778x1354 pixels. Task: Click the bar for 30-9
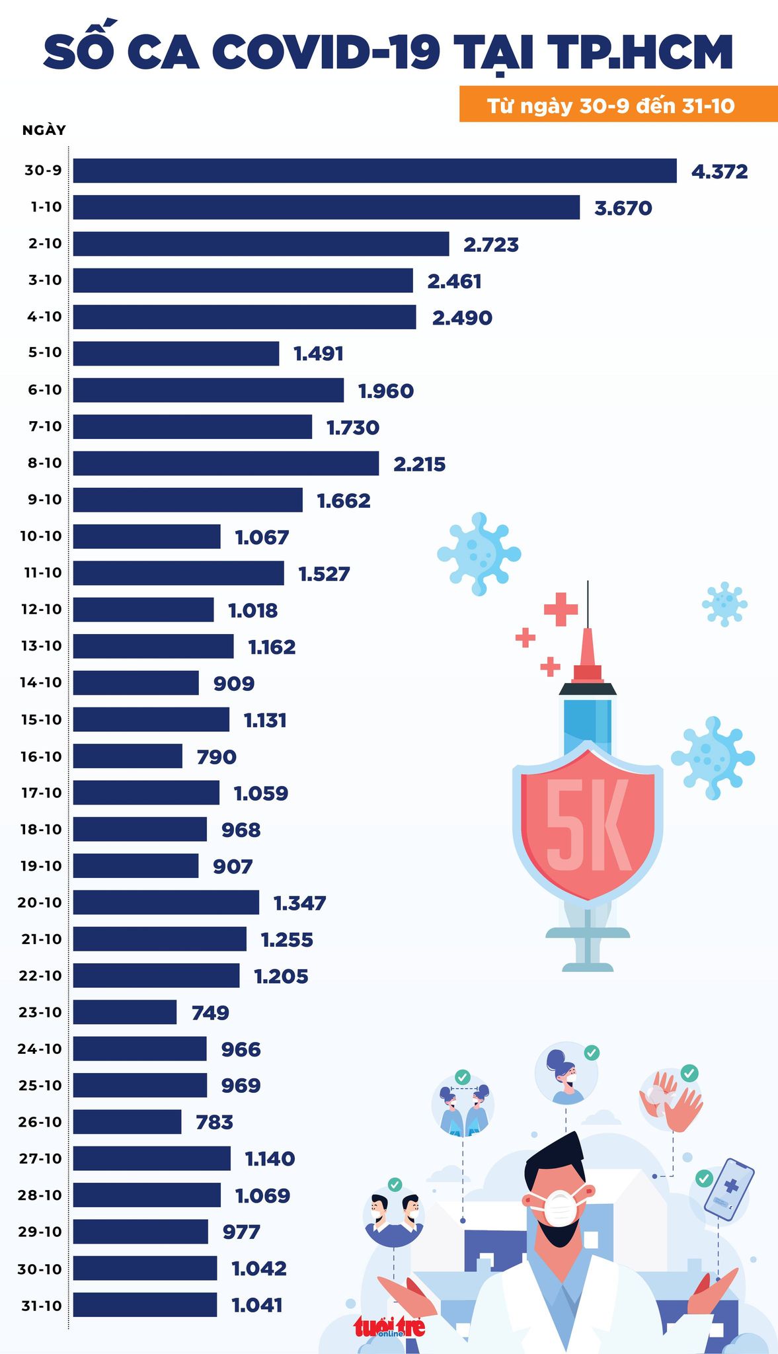click(375, 171)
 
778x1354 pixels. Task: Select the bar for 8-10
click(226, 463)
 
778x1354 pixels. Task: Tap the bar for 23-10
click(125, 1012)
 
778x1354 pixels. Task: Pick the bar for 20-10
click(166, 902)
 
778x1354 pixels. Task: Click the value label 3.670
click(623, 208)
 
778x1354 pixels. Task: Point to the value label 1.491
click(319, 354)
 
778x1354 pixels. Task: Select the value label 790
click(217, 756)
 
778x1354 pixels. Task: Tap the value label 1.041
click(257, 1305)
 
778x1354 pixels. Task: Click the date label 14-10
click(41, 682)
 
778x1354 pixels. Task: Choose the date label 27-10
click(41, 1158)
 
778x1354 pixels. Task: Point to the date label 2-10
click(45, 243)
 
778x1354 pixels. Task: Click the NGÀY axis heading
click(44, 130)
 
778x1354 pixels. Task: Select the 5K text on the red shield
click(588, 830)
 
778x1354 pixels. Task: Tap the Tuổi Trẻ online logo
click(389, 1326)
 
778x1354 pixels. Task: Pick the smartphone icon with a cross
click(729, 1189)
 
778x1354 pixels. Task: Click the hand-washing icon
click(670, 1101)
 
